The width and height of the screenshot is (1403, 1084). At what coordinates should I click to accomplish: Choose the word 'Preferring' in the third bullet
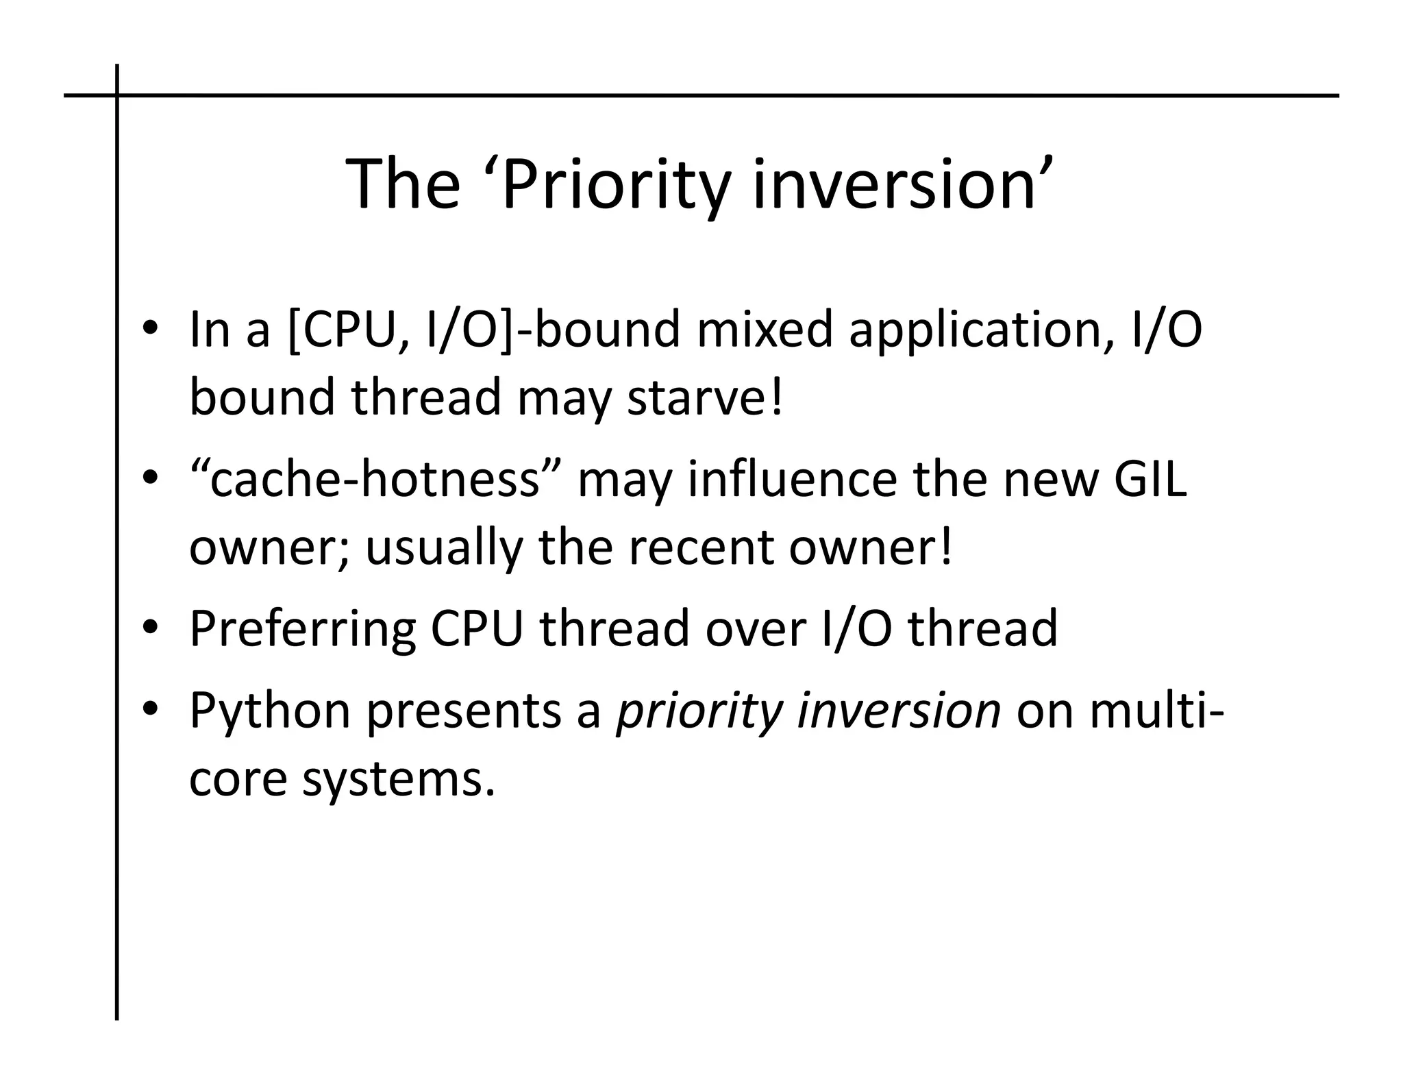(302, 630)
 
